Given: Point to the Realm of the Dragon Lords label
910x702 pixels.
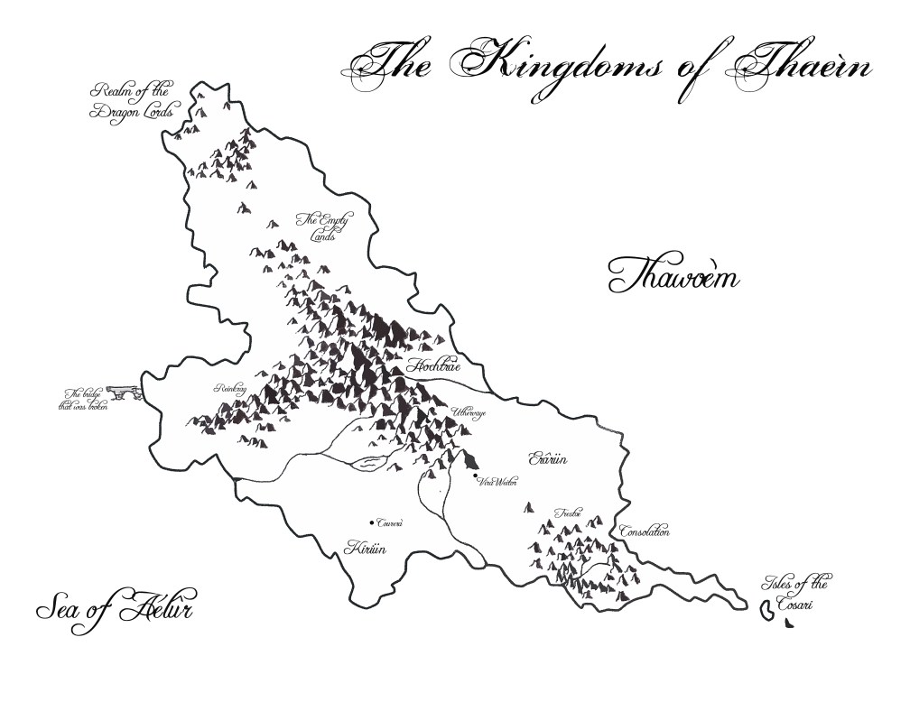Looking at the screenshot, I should point(135,104).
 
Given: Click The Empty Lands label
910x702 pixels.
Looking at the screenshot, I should point(322,226).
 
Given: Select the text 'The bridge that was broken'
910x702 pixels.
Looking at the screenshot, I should point(83,400).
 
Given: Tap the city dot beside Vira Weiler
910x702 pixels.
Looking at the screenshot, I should point(476,476).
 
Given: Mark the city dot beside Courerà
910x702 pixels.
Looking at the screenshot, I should point(371,522).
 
